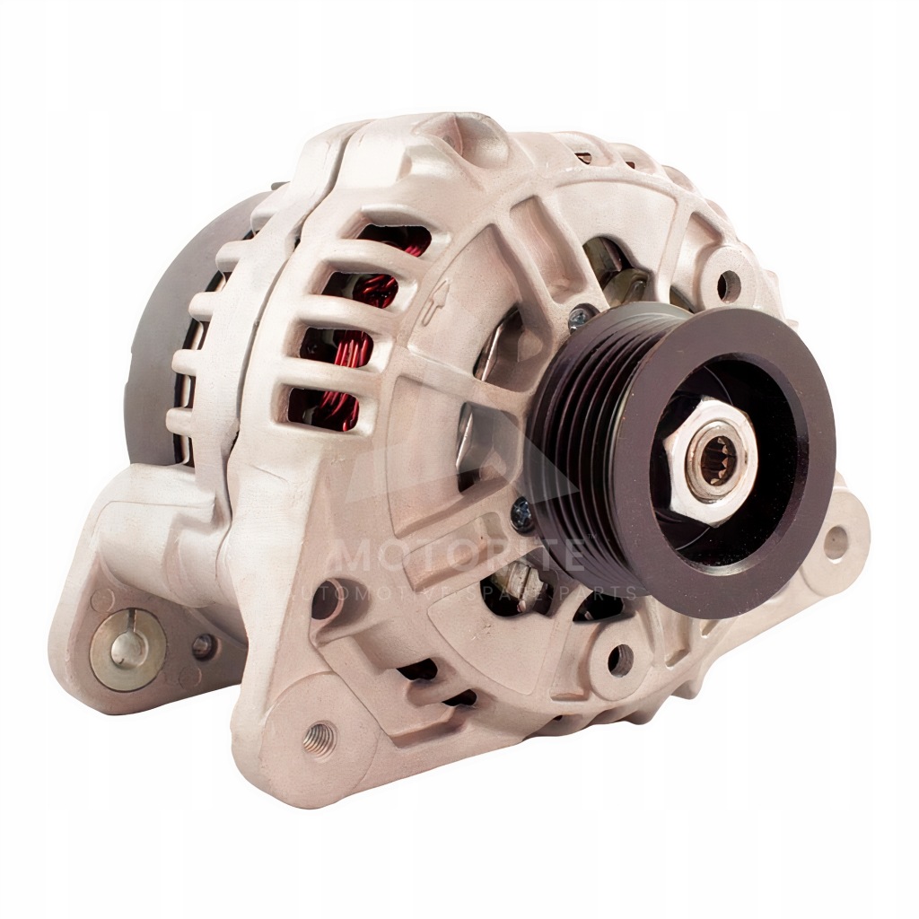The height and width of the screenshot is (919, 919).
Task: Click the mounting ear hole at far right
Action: point(836,541)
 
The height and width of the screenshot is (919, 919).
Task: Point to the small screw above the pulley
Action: point(580,315)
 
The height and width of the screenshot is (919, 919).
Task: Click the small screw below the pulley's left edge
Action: point(521,512)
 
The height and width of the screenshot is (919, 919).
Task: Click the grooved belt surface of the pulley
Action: point(574,422)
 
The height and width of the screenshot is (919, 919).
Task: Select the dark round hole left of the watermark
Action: point(325,600)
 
